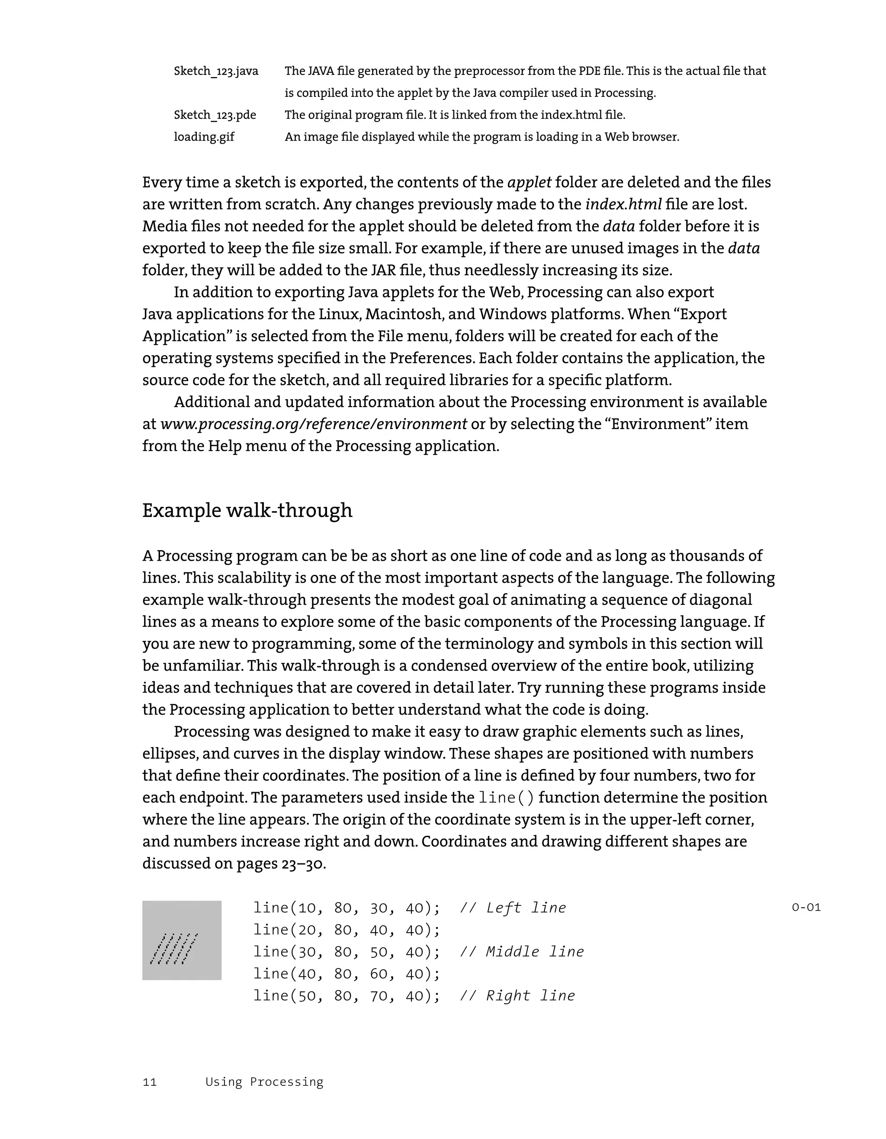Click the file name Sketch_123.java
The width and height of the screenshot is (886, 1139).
click(216, 71)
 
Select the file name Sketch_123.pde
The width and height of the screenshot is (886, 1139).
click(215, 115)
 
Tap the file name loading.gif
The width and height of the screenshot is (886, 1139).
click(204, 137)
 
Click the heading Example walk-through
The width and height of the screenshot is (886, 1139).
click(247, 510)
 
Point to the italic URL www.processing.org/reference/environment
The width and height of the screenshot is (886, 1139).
click(313, 424)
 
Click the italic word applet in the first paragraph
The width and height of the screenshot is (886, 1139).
click(529, 183)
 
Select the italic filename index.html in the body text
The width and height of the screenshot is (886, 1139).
click(623, 205)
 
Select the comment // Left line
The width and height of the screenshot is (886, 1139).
click(513, 908)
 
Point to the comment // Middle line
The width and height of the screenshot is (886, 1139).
click(521, 952)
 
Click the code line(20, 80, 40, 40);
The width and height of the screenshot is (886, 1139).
click(346, 930)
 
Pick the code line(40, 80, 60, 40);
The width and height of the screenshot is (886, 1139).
click(346, 974)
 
